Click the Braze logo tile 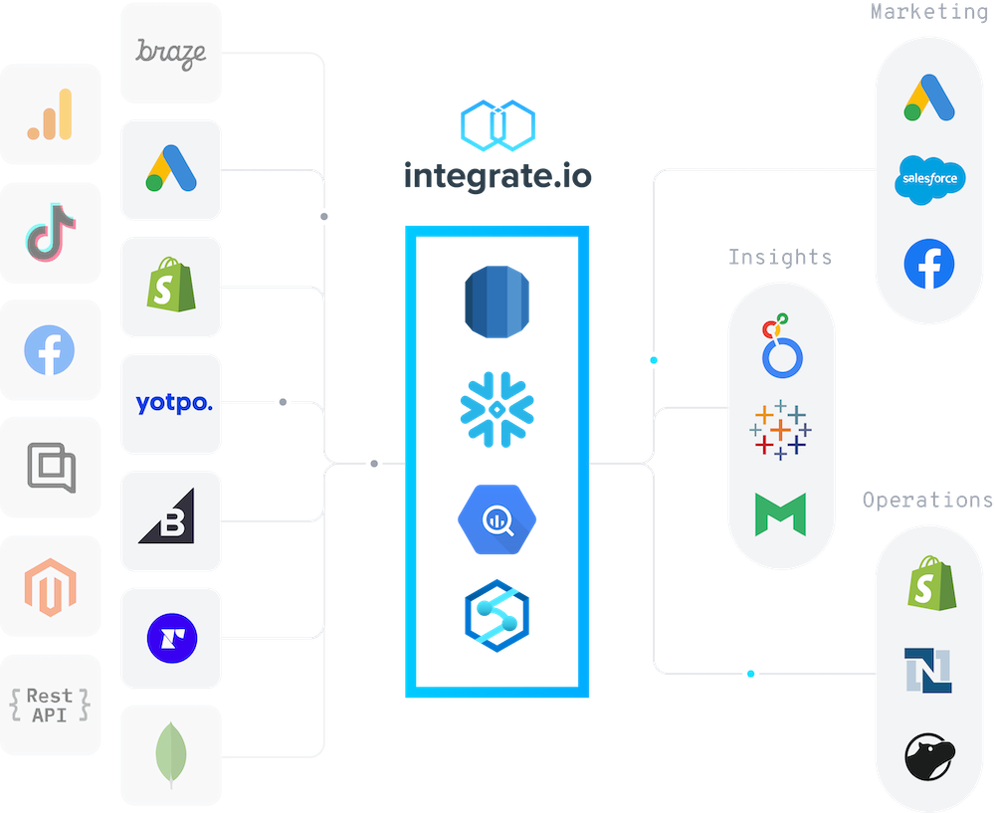click(170, 52)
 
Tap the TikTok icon click(51, 232)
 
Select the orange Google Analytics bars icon click(51, 113)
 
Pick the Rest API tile click(51, 705)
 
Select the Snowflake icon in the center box click(497, 407)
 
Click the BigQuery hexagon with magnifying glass click(497, 520)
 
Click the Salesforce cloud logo click(929, 179)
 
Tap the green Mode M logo click(780, 514)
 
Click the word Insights click(780, 258)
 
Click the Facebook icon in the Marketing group click(929, 264)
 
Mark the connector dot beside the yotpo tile click(283, 402)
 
